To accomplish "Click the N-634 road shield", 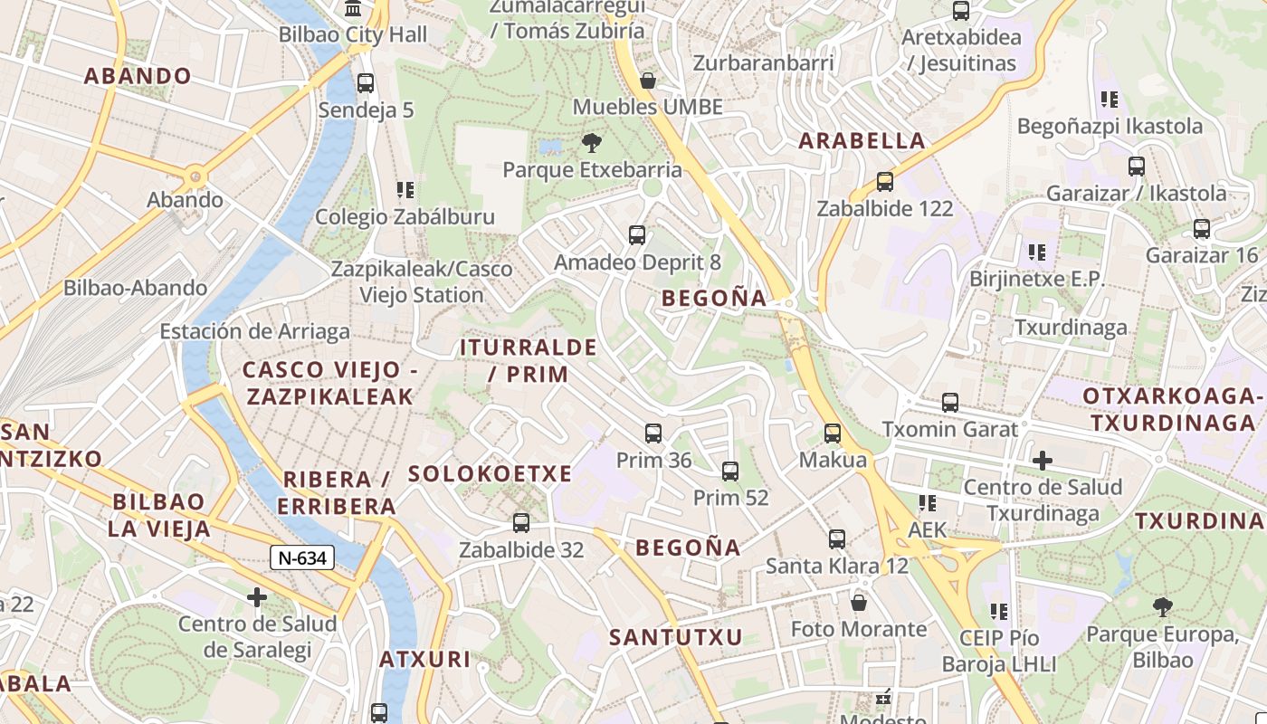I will [x=302, y=557].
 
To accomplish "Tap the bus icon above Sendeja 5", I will [x=366, y=83].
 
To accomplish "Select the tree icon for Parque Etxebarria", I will [x=592, y=143].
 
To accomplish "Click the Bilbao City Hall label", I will [x=352, y=35].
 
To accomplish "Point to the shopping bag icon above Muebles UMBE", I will [x=648, y=81].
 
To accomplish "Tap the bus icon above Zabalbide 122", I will [x=885, y=182].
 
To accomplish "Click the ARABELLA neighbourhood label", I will [x=862, y=140].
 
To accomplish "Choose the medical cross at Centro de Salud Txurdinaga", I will [x=1043, y=461].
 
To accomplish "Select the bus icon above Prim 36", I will [x=653, y=433].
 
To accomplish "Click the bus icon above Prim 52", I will [x=730, y=472].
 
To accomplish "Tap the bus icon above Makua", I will [x=833, y=433].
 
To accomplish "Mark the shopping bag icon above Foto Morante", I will [x=859, y=602].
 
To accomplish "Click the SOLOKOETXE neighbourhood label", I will [x=490, y=473].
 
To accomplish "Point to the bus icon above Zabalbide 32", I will [x=521, y=523].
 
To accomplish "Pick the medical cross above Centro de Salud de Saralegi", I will [x=258, y=597].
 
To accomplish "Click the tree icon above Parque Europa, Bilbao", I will [x=1163, y=607].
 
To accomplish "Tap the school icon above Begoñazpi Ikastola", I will [x=1110, y=100].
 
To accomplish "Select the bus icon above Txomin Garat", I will [x=950, y=403].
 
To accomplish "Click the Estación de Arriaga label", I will [x=254, y=331].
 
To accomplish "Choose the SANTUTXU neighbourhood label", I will [x=675, y=637].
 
